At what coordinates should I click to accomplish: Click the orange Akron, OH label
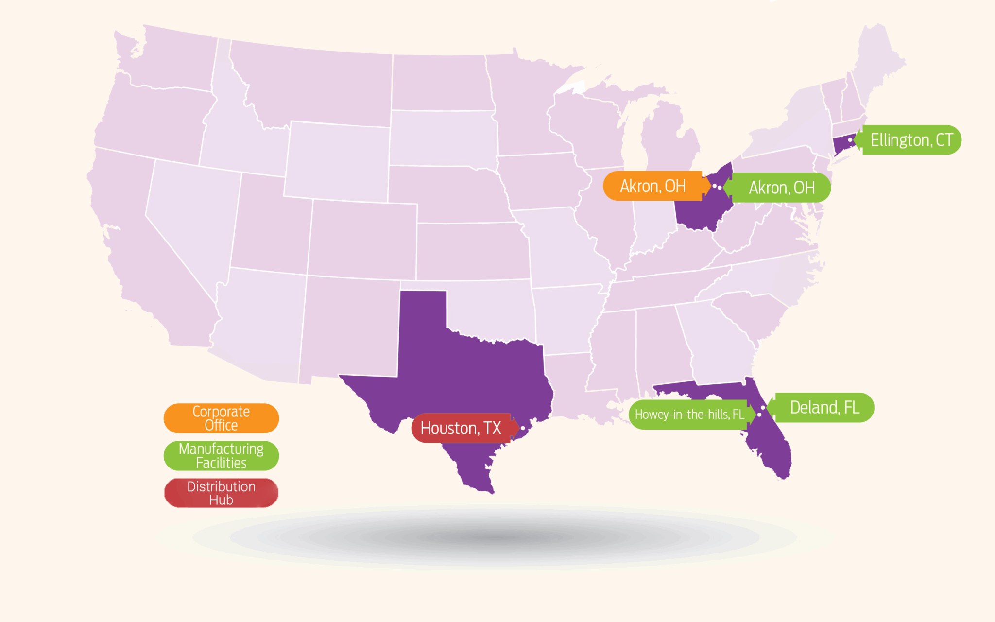[652, 186]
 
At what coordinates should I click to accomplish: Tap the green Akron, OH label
[781, 188]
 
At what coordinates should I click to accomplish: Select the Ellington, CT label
[911, 140]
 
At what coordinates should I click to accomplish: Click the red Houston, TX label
[461, 428]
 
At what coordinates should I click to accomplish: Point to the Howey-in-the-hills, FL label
[689, 415]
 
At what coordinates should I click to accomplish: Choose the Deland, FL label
[824, 407]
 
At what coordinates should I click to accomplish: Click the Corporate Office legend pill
[221, 418]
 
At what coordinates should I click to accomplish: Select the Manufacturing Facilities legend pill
[221, 456]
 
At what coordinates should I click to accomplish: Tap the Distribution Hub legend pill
[221, 493]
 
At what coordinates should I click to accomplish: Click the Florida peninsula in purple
[770, 442]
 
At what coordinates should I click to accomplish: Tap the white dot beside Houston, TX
[523, 428]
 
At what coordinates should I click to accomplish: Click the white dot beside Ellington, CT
[850, 140]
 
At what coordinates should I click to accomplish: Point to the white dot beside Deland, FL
[763, 408]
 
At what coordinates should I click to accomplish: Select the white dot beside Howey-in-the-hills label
[759, 415]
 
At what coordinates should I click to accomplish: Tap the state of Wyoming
[338, 160]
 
